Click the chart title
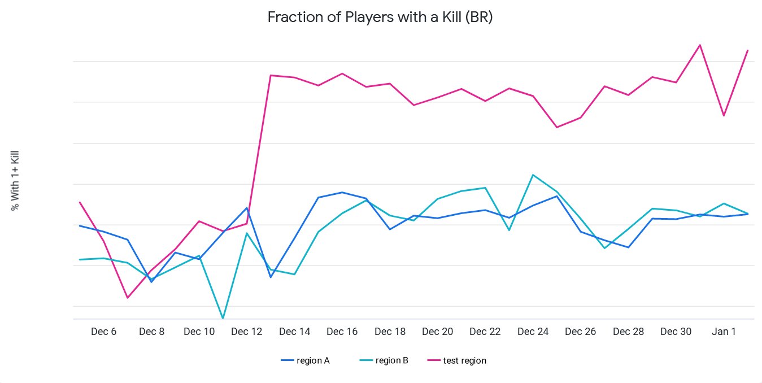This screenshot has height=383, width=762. (380, 18)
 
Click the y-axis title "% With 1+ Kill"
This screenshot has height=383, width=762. (15, 180)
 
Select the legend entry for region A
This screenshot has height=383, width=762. (312, 360)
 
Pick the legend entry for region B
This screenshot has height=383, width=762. (391, 360)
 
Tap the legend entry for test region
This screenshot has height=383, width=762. (464, 360)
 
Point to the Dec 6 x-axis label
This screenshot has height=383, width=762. (103, 332)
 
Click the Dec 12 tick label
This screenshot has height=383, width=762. (247, 332)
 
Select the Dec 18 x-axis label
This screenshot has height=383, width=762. (390, 332)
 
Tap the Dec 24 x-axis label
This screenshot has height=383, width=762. (533, 332)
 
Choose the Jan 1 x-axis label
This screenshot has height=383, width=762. (724, 332)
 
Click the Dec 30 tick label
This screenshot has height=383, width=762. (676, 332)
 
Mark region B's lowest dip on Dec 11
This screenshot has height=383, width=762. (223, 318)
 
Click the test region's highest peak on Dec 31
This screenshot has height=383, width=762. (700, 45)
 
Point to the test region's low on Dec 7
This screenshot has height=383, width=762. (128, 298)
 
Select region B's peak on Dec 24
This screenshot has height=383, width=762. (533, 175)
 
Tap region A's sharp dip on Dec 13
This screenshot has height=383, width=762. (271, 277)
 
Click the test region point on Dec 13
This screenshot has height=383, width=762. (271, 75)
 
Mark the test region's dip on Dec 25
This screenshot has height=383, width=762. (557, 127)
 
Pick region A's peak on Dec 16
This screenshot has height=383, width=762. (342, 192)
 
